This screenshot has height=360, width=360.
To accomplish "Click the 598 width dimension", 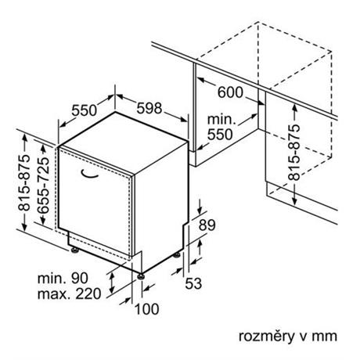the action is click(x=149, y=108).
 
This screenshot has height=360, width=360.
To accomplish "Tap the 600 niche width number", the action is click(x=230, y=92).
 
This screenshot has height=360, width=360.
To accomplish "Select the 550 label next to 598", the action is click(x=84, y=110).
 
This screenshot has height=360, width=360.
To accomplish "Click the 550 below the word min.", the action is click(x=220, y=135).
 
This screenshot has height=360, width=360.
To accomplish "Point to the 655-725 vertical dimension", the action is click(x=43, y=185).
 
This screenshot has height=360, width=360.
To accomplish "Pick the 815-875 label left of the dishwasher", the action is click(x=24, y=182).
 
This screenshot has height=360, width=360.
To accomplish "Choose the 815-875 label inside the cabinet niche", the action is click(x=294, y=153).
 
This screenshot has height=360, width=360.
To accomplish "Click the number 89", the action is click(x=207, y=225).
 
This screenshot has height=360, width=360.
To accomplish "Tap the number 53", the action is click(x=193, y=283).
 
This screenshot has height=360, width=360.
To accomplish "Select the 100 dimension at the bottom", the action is click(x=146, y=309).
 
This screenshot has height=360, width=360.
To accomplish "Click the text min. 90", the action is click(x=63, y=279).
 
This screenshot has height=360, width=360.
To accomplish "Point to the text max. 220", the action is click(x=69, y=293).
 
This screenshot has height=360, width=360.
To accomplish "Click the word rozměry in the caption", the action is click(x=266, y=337).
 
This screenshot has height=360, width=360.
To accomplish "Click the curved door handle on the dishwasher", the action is click(x=89, y=175).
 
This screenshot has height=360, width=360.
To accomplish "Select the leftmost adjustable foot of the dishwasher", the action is click(x=75, y=250).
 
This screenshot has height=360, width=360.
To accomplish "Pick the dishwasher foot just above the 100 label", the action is click(x=141, y=276).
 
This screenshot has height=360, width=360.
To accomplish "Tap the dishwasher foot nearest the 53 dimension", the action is click(x=178, y=254).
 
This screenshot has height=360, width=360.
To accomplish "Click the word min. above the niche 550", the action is click(x=221, y=119).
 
